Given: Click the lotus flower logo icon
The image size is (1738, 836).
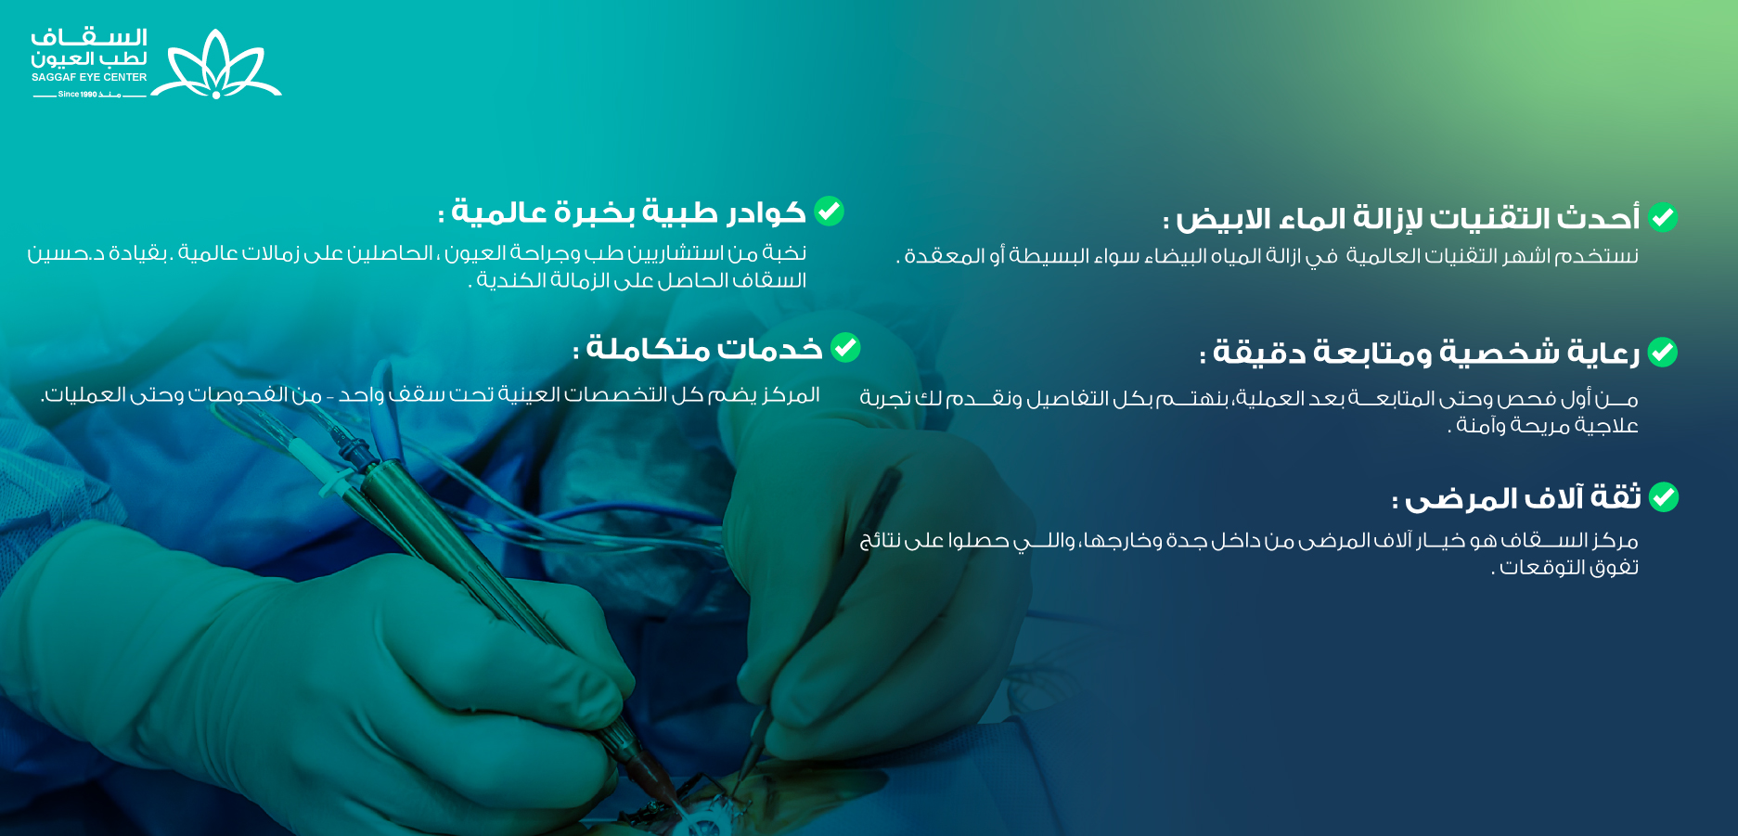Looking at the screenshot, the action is (x=216, y=65).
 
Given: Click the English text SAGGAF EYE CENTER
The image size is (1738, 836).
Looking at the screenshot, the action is (x=89, y=78).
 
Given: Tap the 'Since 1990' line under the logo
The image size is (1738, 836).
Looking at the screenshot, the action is (x=89, y=95).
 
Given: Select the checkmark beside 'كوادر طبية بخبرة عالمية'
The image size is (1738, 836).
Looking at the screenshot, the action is (x=829, y=212).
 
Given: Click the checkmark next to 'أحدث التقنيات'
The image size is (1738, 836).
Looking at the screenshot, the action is (x=1662, y=217).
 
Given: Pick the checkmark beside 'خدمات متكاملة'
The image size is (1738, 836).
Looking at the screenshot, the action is (x=845, y=348).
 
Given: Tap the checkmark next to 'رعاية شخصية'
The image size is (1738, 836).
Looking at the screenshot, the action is (x=1662, y=353).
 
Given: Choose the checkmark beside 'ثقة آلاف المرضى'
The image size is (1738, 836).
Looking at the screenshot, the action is (x=1663, y=497).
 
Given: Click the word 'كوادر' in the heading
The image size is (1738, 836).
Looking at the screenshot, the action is (x=766, y=212).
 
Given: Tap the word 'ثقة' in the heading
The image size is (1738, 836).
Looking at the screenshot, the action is (x=1616, y=497).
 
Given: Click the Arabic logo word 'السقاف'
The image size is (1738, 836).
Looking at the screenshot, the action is (x=89, y=38).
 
